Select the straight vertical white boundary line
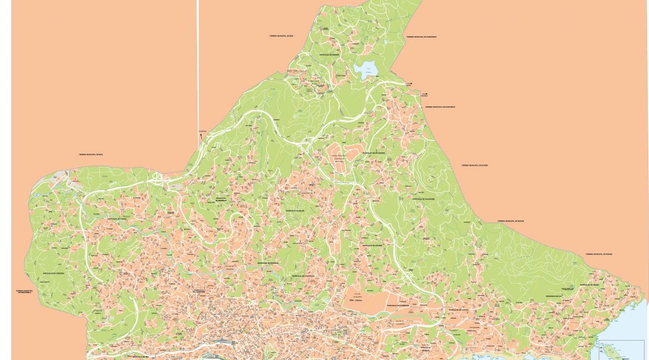pyautogui.click(x=198, y=62)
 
